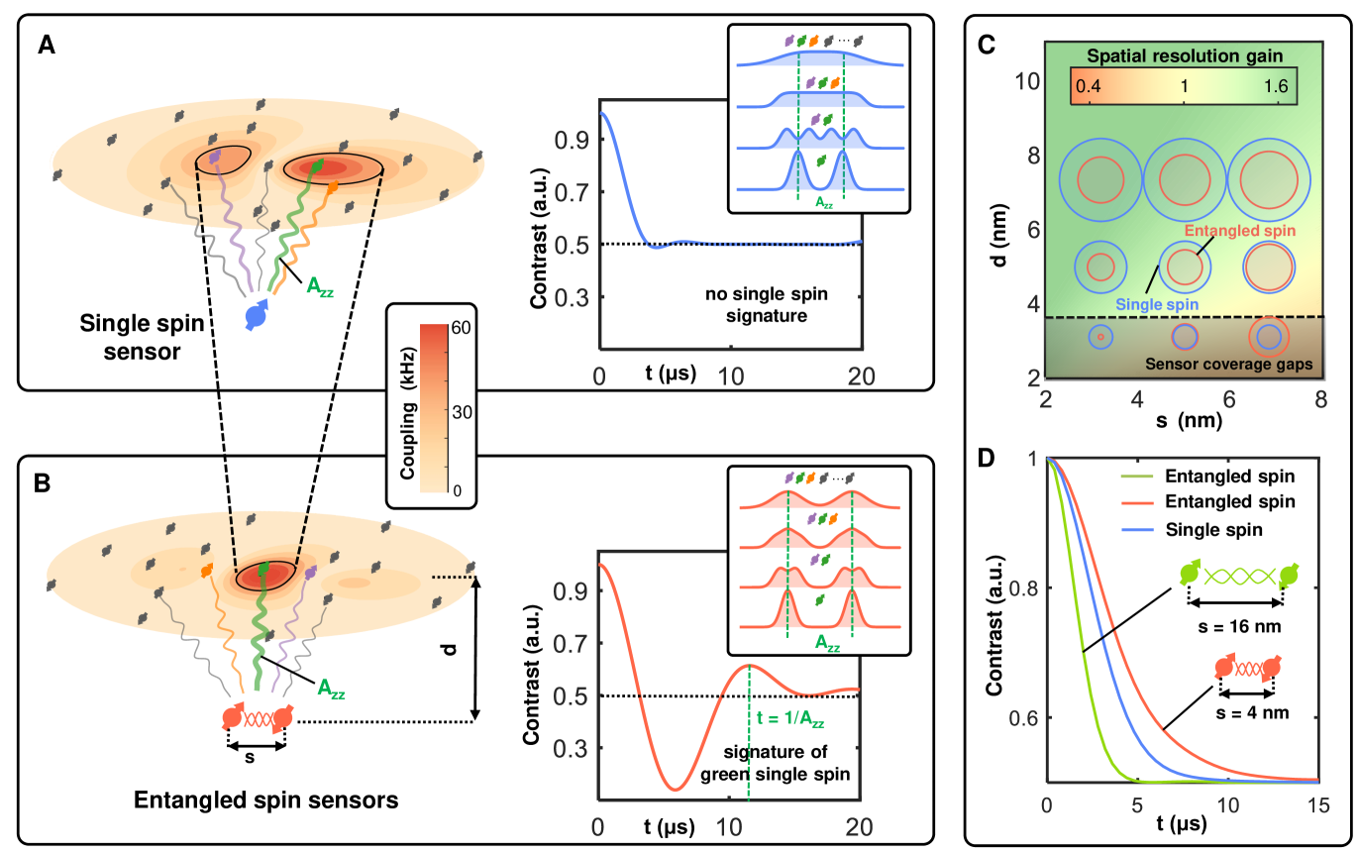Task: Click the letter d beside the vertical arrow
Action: click(x=450, y=649)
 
